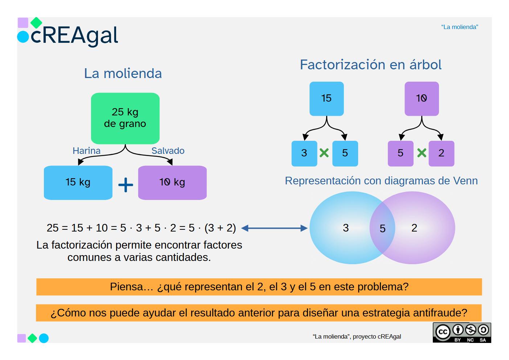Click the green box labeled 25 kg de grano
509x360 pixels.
(125, 118)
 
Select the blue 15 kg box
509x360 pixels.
(78, 183)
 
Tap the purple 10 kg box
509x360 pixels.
(172, 183)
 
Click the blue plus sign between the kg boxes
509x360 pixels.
(126, 185)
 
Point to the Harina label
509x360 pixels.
(86, 151)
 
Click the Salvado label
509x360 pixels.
(168, 151)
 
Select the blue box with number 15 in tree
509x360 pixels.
(327, 99)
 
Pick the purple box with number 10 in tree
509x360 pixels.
(422, 99)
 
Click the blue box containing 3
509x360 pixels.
(304, 154)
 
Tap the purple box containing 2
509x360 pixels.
(441, 154)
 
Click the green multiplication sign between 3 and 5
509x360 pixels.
(324, 153)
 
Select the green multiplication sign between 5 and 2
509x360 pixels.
(422, 153)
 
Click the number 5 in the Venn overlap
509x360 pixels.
(382, 229)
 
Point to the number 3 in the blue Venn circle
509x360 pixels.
(346, 228)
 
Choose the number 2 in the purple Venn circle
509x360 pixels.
(414, 228)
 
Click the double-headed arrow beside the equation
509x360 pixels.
(274, 228)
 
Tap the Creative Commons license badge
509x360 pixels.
(461, 332)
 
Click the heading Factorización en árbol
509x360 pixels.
(370, 65)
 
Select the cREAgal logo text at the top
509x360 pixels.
(74, 36)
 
